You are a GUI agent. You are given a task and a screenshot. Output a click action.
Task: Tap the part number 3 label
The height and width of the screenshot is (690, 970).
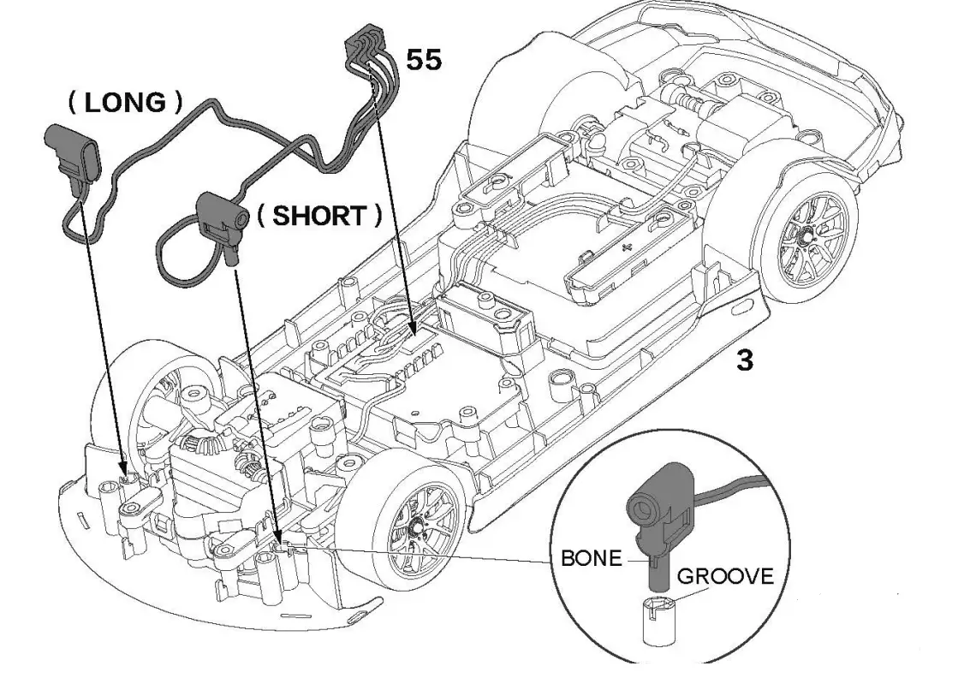pyautogui.click(x=745, y=360)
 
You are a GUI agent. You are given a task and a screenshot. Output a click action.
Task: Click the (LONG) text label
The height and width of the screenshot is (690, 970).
pyautogui.click(x=125, y=103)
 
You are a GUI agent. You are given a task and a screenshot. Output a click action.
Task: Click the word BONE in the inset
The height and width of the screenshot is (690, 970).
pyautogui.click(x=590, y=559)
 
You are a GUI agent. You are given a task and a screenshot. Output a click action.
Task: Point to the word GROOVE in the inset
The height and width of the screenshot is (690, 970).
pyautogui.click(x=725, y=575)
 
